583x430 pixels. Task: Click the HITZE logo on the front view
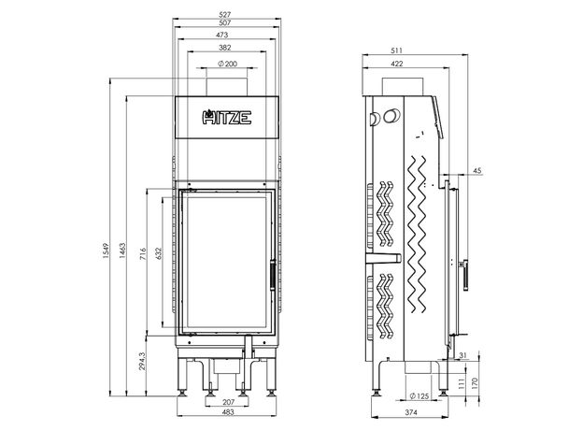coord(227,118)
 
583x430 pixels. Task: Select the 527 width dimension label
coord(225,15)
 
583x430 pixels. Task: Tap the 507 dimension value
coord(225,22)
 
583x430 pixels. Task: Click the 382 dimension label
coord(225,48)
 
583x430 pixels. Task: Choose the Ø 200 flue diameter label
coord(228,64)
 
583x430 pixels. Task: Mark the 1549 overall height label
coord(106,251)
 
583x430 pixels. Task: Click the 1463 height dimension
coord(122,251)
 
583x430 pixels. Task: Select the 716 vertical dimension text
coord(143,253)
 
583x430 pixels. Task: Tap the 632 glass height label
coord(159,253)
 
